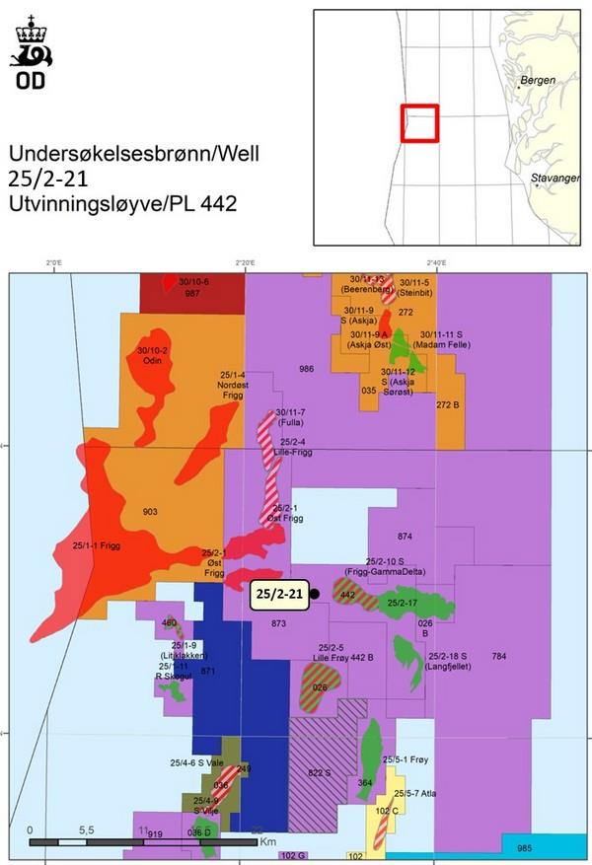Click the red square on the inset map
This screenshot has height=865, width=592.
[418, 124]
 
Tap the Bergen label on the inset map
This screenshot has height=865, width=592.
[538, 80]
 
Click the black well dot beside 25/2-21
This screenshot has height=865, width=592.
[315, 594]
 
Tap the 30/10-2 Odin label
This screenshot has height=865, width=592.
[153, 356]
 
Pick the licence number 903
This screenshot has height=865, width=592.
[150, 512]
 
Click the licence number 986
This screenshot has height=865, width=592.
[306, 369]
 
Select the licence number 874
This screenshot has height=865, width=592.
[405, 537]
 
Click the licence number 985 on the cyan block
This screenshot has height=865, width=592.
[524, 848]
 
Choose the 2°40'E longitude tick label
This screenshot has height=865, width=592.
[437, 262]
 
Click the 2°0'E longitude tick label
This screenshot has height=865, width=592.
[54, 262]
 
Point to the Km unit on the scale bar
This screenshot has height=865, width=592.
[268, 841]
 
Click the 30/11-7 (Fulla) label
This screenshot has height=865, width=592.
[291, 417]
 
